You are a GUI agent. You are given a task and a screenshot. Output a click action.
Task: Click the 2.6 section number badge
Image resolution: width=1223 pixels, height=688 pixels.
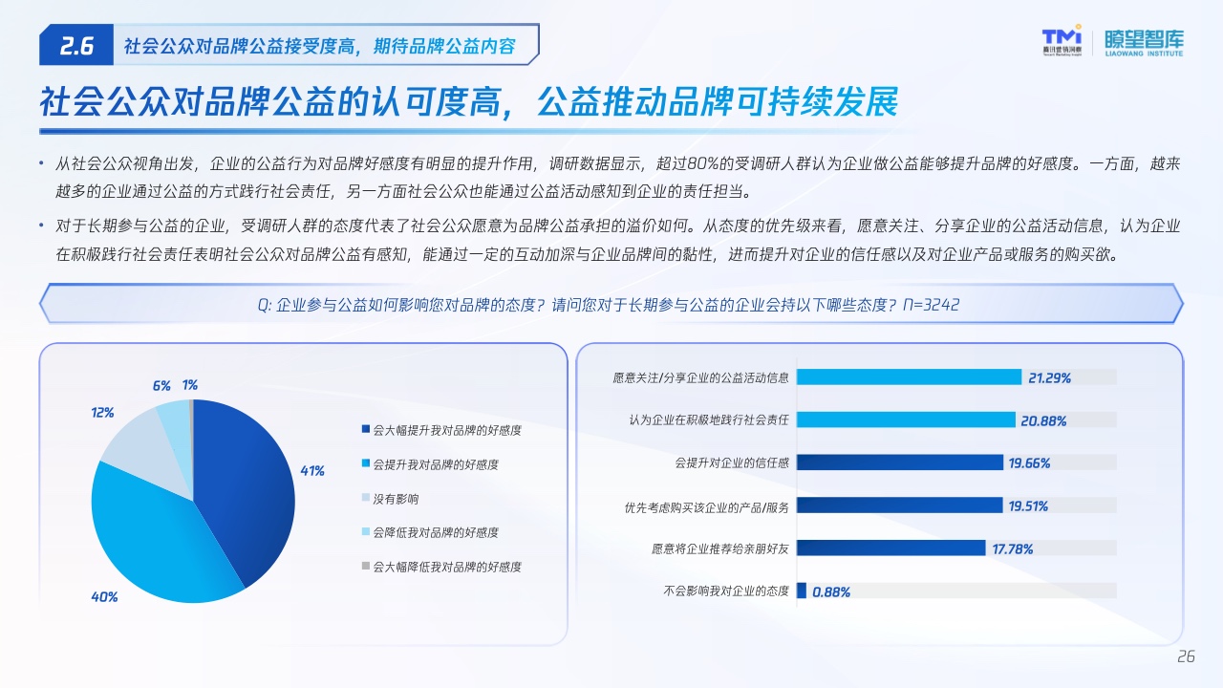(x=76, y=45)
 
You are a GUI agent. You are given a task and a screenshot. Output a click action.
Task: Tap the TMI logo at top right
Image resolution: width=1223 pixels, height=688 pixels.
(x=1062, y=40)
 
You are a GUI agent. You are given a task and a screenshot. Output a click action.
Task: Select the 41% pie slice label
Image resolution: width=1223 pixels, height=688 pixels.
(x=312, y=471)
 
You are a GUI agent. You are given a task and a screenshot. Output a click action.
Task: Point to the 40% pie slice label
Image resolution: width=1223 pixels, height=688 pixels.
(x=104, y=597)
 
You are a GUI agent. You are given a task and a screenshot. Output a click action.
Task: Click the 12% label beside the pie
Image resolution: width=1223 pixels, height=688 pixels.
(x=102, y=412)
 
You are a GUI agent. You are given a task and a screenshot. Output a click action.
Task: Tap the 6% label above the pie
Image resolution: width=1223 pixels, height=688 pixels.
(x=161, y=385)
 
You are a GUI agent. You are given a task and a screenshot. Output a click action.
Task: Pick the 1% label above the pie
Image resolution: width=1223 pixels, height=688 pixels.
(x=190, y=385)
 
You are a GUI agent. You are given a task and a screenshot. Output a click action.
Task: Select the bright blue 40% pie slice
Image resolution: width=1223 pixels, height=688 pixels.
(x=153, y=541)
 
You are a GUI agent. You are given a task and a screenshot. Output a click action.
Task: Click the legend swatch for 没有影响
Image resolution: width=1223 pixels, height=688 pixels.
(x=366, y=498)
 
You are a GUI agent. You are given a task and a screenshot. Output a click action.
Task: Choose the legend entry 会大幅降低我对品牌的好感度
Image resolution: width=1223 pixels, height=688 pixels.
(x=441, y=567)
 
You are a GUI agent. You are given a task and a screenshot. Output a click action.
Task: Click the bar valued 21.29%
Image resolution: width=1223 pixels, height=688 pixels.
(x=909, y=376)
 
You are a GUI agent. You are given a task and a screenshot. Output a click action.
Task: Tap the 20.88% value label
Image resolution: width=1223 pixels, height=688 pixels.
(x=1043, y=420)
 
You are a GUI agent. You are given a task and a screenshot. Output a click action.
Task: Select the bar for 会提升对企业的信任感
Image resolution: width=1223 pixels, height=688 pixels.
(x=900, y=462)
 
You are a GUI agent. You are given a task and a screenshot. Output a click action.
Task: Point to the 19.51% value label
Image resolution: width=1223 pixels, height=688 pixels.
(x=1028, y=506)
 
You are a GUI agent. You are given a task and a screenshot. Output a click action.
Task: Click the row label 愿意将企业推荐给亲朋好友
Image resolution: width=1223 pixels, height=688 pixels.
(x=720, y=548)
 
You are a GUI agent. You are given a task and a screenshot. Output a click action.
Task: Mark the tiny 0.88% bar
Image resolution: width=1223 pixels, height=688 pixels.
(x=802, y=591)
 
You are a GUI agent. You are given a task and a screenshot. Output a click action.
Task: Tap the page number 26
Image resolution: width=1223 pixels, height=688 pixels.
(x=1186, y=656)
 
